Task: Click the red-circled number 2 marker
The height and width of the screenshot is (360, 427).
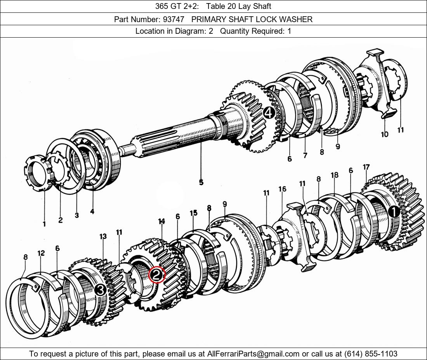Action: click(x=156, y=275)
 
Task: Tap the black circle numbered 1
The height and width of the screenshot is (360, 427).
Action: click(x=394, y=212)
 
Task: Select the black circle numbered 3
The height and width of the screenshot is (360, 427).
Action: click(x=100, y=290)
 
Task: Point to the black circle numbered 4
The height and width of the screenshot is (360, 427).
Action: click(x=269, y=113)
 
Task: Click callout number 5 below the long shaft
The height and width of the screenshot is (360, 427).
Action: click(x=201, y=182)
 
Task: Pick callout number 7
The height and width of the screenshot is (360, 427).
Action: click(x=305, y=155)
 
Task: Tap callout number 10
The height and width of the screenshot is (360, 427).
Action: click(x=385, y=134)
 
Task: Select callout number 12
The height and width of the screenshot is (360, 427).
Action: click(x=41, y=253)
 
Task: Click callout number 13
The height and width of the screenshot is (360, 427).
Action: click(x=103, y=236)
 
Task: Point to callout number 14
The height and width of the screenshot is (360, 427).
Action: click(x=161, y=221)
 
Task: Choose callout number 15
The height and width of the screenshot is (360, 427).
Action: click(x=193, y=213)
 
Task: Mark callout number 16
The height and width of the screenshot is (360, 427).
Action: click(x=282, y=189)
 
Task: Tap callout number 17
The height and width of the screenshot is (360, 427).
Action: click(x=366, y=167)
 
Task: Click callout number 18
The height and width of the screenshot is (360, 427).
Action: click(x=335, y=175)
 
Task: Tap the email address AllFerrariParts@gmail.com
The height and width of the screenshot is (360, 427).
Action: click(x=253, y=353)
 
